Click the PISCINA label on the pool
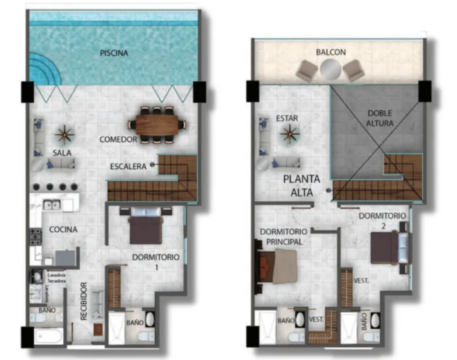114,53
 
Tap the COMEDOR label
118,139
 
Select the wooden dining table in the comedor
159,123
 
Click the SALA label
63,154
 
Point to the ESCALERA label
129,166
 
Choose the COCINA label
64,229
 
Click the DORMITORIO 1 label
155,261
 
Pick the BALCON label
331,52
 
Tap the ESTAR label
287,118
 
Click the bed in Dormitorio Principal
278,268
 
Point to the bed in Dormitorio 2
387,247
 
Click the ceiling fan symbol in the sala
65,133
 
